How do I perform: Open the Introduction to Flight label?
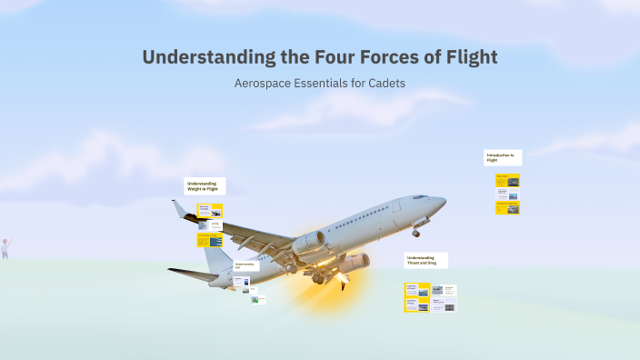(x=503, y=157)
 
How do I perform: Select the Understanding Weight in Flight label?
(x=205, y=185)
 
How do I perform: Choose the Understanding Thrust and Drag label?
(x=425, y=260)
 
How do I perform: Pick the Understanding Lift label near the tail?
(x=245, y=265)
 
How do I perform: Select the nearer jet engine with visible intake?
(x=308, y=242)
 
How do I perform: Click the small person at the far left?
(x=5, y=248)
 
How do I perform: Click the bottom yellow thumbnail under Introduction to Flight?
(x=507, y=207)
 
